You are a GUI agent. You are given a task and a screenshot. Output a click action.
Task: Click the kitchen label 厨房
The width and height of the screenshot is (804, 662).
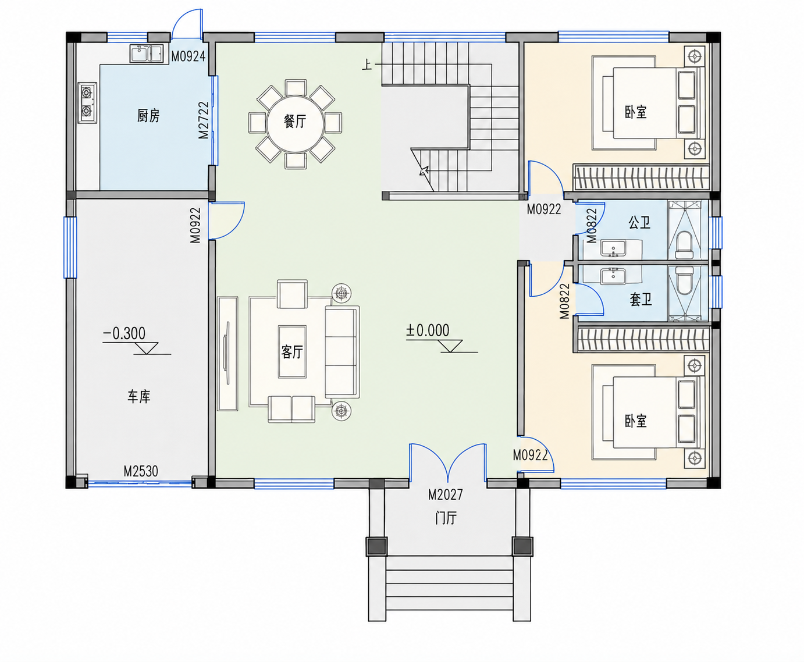[x=148, y=116]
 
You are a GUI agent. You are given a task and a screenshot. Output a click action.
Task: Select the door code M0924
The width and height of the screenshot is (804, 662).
[x=188, y=56]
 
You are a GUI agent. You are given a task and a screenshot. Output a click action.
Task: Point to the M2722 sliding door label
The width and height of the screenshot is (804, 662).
[x=204, y=120]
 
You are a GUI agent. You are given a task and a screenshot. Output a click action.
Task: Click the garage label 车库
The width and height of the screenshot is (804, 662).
[x=139, y=396]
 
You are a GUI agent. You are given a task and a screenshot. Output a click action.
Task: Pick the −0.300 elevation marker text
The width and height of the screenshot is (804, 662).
[x=124, y=333]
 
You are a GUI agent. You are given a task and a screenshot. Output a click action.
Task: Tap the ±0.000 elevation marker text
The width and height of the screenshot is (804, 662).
[x=428, y=330]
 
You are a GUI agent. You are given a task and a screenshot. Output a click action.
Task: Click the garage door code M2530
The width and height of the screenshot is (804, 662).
[x=141, y=471]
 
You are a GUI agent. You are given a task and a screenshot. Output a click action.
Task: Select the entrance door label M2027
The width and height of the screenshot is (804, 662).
[x=446, y=494]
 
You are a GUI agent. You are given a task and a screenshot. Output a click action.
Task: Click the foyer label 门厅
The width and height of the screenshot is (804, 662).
[x=446, y=518]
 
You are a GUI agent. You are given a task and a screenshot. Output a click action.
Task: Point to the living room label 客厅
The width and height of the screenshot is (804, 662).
[x=292, y=351]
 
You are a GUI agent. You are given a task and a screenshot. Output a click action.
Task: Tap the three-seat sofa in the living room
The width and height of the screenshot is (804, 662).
[x=342, y=352]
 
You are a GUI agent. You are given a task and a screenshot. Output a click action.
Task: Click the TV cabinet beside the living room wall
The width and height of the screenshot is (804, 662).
[x=227, y=354]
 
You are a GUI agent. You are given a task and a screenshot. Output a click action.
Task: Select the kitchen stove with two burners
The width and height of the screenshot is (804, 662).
[x=87, y=102]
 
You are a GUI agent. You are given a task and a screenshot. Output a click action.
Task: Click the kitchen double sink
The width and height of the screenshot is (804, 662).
[x=147, y=54]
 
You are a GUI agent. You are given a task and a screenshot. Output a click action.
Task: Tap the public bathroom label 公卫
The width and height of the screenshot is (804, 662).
[x=639, y=222]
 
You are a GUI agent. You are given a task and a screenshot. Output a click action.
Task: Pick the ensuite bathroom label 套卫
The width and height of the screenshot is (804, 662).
[x=641, y=299]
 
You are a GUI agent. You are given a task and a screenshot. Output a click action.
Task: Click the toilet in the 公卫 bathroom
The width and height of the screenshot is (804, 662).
[x=684, y=245]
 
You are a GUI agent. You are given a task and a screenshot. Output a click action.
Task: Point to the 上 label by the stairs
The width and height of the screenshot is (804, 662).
[x=367, y=65]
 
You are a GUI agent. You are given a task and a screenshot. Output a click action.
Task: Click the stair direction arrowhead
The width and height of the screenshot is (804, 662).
[x=424, y=170]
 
